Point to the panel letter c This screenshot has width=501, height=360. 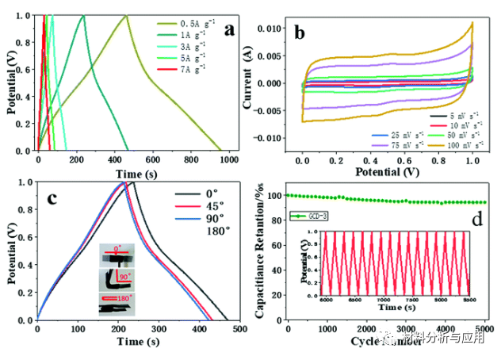tap(50, 199)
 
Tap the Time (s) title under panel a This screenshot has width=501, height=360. tap(133, 173)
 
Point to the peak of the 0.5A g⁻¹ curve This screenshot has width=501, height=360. tap(126, 16)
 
